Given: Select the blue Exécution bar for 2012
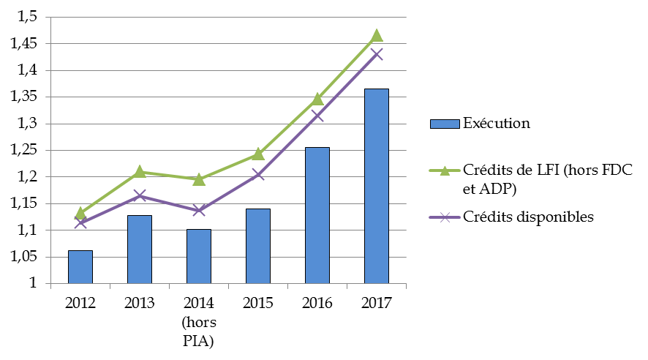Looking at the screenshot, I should coord(80,267).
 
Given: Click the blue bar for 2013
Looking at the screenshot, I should coord(140,250).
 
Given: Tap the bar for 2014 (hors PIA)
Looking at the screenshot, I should coord(199,256).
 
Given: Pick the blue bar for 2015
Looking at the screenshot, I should coord(258,246).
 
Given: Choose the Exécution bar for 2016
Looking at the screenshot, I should coord(317,215).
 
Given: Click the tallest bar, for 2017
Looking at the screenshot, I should coord(377,186).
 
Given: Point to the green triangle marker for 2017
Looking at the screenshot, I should coord(377,36).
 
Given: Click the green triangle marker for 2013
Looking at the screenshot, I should coord(140,172).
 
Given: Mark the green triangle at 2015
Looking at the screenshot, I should coord(258,154).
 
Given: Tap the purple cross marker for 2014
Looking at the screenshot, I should coord(199,211).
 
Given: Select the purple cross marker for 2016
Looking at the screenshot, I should coord(317,116).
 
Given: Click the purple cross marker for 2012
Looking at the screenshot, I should coord(80,222).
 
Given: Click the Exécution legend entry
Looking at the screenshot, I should coord(496,124).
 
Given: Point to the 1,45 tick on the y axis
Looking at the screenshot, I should coord(28,44).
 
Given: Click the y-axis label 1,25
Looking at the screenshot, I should coord(28,151).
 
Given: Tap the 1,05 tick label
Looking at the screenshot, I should coord(28,257).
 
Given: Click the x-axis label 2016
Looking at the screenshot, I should coord(317,303).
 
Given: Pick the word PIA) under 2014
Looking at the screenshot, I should coord(199,341).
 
